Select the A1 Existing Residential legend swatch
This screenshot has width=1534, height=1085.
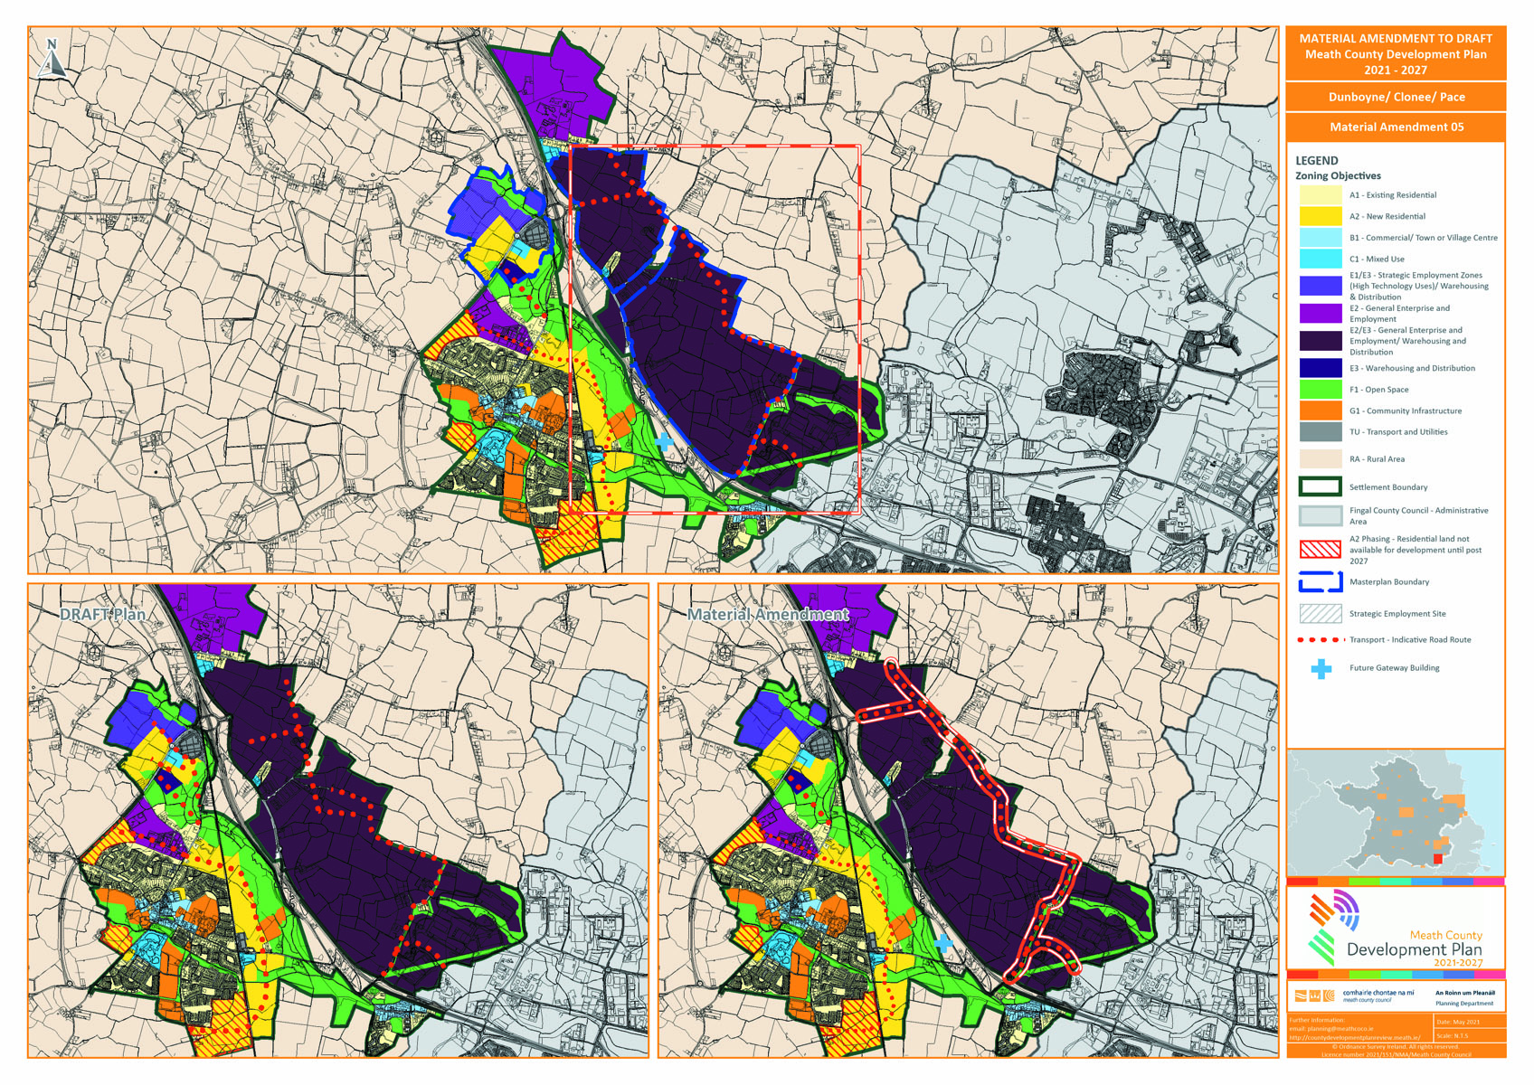[1320, 195]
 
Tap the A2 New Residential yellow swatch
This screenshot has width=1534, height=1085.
[1320, 216]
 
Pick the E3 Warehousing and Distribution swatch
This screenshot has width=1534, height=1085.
[1320, 368]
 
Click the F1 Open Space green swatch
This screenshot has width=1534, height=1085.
[1320, 390]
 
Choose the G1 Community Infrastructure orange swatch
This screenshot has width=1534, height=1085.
[1320, 410]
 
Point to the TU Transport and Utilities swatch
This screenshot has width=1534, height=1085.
[1320, 432]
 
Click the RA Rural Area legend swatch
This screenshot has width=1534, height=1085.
[1320, 459]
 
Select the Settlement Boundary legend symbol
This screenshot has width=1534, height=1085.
[1320, 486]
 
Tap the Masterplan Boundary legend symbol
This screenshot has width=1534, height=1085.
[1320, 582]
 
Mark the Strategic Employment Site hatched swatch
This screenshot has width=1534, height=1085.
[1320, 614]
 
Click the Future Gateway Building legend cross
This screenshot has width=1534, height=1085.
[1321, 669]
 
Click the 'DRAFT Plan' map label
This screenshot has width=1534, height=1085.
[102, 615]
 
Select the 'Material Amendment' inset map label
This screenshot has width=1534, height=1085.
[767, 615]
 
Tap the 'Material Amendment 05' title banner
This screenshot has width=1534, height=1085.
[1396, 127]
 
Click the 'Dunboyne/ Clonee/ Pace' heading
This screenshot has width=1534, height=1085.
[1396, 97]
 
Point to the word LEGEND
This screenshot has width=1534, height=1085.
[1316, 160]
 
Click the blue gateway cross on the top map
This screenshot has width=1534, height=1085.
[664, 441]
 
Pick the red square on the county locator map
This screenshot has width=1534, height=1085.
[1438, 858]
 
